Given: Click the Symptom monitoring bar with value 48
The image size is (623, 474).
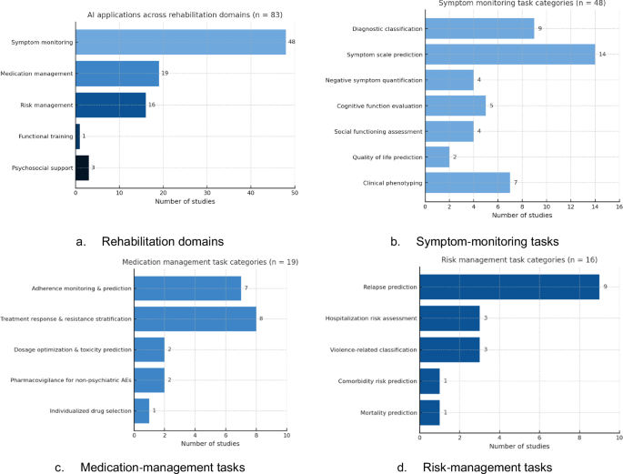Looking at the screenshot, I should coord(180,42).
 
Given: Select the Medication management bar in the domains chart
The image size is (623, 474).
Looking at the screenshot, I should coord(117,73).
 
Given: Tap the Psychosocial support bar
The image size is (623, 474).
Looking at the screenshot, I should coord(82,167).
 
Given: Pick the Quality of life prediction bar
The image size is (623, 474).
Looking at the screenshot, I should coord(437,156).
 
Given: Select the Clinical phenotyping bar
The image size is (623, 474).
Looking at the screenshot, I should coord(467,183).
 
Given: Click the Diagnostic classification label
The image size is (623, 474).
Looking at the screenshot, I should coord(386,28).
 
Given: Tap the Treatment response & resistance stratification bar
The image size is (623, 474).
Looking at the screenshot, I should coord(195,319).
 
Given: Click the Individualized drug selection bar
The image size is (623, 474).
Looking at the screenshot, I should coord(141,411).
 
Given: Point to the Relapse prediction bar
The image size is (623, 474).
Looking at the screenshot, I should coord(509,287).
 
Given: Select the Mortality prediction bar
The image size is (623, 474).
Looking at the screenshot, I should coord(429,411).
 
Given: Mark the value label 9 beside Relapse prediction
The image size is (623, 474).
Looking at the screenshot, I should coord(605,287).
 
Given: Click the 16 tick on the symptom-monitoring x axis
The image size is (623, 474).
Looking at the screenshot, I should coord(618,207).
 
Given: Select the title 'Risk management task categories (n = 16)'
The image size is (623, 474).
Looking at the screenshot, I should coord(518,260).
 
